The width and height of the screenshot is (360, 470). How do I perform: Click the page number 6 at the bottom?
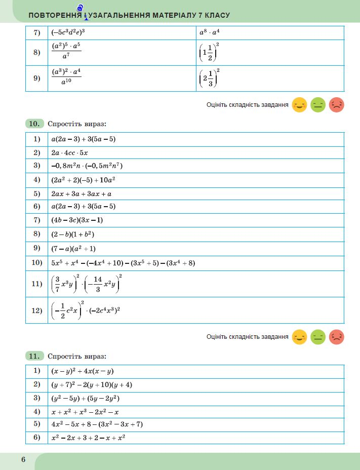pos(23,459)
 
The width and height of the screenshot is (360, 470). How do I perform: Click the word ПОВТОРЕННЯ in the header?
pos(55,15)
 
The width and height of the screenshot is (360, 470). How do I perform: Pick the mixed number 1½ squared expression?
pos(210,52)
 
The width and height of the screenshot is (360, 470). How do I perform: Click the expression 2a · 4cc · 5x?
pos(70,152)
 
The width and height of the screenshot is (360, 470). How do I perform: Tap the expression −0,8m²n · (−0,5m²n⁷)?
pos(87,166)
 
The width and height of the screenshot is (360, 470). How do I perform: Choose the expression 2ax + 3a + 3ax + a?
pos(82,193)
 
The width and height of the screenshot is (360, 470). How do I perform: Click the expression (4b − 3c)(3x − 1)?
pos(77,220)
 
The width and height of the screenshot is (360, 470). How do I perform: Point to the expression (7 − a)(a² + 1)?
pos(73,249)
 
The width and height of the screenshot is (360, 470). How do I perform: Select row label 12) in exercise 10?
pos(36,310)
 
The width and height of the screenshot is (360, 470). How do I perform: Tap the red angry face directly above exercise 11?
pos(337,337)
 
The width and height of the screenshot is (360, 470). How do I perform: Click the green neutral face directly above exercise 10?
pos(318,105)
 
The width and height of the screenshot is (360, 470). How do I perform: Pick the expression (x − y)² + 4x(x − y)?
pos(82,371)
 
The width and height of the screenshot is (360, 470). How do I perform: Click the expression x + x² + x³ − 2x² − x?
pos(85,412)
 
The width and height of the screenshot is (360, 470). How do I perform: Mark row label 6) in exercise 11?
pos(36,438)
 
